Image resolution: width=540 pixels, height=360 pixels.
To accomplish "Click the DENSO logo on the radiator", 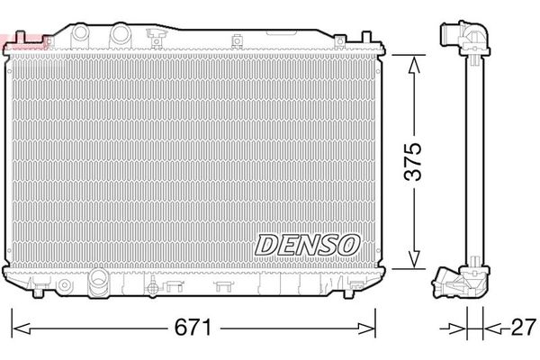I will [309, 243].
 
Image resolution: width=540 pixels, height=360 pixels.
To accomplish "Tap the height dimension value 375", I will [413, 161].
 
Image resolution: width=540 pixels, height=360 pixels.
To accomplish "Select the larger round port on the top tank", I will [120, 33].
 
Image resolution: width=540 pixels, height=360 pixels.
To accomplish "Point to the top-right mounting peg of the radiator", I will [368, 39].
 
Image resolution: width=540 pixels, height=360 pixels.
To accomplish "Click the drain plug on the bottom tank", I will [152, 288].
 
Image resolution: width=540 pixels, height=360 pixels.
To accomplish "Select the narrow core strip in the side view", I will [472, 162].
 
